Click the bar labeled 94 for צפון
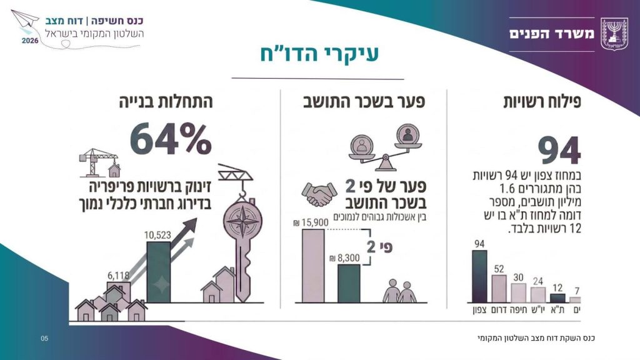[x=479, y=276]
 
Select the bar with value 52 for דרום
[x=499, y=289]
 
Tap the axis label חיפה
[x=518, y=310]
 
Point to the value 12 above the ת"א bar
[x=557, y=287]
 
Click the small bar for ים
[x=575, y=300]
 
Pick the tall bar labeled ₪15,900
[x=313, y=266]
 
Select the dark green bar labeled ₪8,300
[x=349, y=284]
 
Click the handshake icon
[x=319, y=194]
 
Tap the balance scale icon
[x=385, y=147]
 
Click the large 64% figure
[x=171, y=140]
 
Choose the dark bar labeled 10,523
[x=158, y=272]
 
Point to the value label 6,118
[x=118, y=276]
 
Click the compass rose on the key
[x=243, y=221]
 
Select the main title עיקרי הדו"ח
[x=319, y=54]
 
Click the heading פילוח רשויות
[x=542, y=101]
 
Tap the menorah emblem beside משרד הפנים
[x=614, y=34]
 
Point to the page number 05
[x=44, y=338]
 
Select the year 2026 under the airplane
[x=30, y=41]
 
